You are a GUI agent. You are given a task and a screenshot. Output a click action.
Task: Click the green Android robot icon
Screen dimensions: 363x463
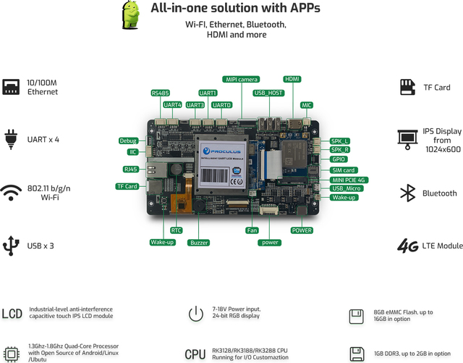click(131, 15)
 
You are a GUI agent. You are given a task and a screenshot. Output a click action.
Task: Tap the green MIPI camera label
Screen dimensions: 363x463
click(241, 79)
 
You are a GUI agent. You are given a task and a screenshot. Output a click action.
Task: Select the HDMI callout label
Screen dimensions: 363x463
click(292, 79)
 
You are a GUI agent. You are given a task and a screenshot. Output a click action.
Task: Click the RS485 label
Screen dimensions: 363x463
click(161, 93)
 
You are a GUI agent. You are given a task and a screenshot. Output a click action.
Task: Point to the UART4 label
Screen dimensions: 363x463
click(173, 105)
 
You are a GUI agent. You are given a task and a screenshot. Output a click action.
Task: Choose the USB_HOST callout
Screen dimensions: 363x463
click(268, 93)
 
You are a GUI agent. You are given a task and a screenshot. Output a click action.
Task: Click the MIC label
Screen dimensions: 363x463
click(307, 105)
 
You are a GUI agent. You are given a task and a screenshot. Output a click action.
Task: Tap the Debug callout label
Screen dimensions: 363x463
click(128, 141)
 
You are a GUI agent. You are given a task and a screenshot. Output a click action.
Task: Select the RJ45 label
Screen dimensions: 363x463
click(131, 169)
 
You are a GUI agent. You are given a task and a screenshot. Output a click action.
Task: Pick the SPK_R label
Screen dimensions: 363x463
click(340, 150)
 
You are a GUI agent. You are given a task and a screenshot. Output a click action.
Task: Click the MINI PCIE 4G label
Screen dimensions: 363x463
click(349, 180)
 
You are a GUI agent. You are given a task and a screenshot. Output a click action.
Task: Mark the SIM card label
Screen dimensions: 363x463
click(343, 170)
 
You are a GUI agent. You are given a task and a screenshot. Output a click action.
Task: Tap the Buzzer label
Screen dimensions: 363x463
click(199, 242)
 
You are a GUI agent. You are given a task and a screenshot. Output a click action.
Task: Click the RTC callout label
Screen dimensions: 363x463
click(166, 230)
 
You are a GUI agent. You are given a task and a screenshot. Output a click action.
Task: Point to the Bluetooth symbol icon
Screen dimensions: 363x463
click(408, 193)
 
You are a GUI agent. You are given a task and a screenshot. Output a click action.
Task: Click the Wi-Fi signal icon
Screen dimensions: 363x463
click(11, 193)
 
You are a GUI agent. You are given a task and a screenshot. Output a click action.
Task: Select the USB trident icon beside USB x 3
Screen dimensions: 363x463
click(11, 245)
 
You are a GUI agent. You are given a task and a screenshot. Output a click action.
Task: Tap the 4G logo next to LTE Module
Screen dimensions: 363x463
click(408, 246)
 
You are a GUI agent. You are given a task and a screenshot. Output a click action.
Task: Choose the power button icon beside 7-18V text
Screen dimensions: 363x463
click(195, 314)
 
